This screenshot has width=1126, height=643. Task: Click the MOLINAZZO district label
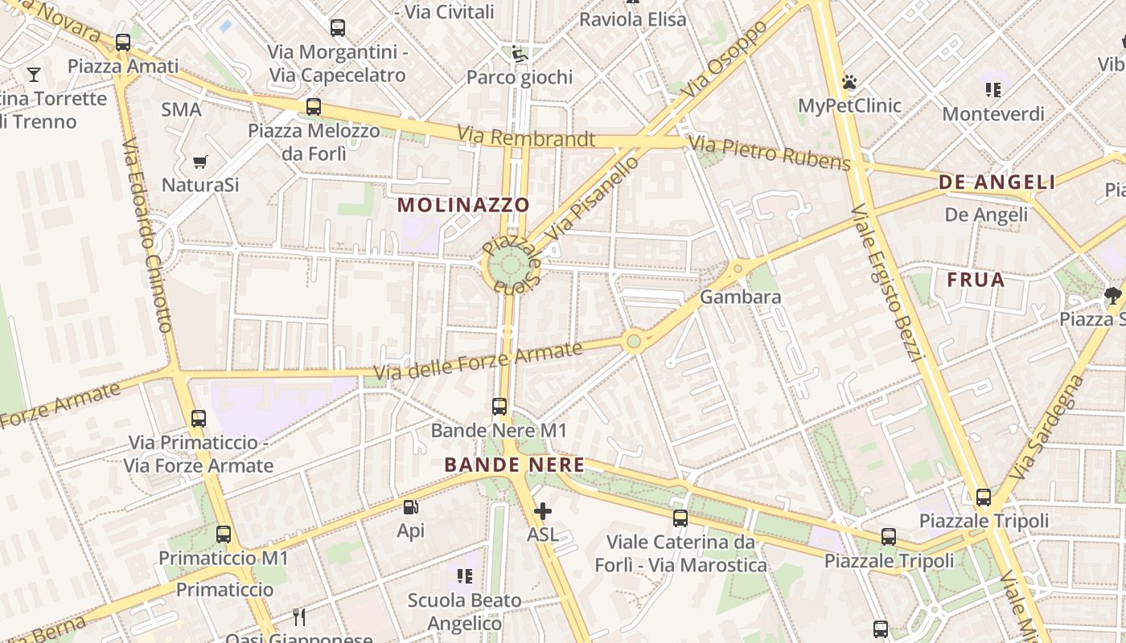pos(464,205)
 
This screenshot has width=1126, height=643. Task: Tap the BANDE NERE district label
pos(515,465)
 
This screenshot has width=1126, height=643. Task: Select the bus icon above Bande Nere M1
pos(499,407)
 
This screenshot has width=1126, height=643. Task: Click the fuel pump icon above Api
pos(410,507)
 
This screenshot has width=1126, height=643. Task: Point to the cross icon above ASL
pos(543,511)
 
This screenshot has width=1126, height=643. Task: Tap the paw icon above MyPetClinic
pos(849,82)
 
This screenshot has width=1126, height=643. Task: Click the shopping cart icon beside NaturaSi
pos(200,162)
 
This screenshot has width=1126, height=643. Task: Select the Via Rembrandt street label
pos(526,138)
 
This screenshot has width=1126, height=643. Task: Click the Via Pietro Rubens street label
pos(770,154)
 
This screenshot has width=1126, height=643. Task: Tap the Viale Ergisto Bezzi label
pos(884,282)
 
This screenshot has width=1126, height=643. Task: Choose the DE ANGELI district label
pos(997,182)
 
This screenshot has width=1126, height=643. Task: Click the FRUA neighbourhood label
pos(976,281)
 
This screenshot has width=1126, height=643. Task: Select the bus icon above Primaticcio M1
pos(224,534)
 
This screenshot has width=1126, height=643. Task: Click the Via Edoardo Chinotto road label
pos(148,235)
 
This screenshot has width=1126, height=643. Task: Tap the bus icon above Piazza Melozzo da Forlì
pos(313,106)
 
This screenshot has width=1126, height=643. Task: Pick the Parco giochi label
pos(520,77)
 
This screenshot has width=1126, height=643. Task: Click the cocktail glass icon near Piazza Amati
pos(34,75)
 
